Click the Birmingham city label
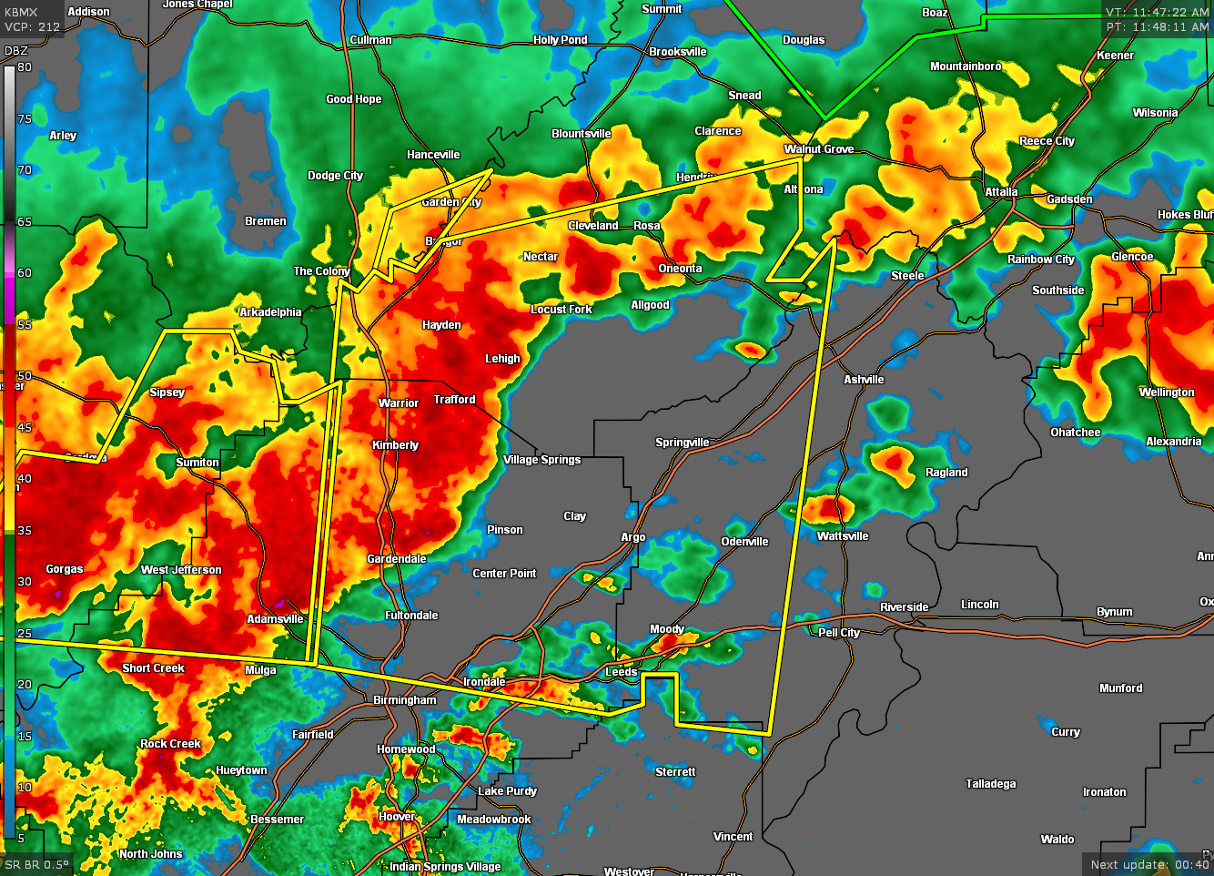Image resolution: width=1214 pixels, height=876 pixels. coord(405,700)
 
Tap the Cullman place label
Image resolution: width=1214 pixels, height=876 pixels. coord(370,40)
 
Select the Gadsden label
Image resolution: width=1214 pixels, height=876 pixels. coord(1069,199)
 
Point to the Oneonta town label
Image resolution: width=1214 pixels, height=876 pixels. coord(680,269)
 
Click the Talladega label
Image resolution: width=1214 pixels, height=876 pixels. coord(990,784)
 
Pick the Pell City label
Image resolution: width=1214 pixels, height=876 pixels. coord(838,633)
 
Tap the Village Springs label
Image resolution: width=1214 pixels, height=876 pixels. coord(541,460)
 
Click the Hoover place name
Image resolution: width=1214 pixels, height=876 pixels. coord(397,817)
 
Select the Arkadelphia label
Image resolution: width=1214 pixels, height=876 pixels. coord(270,312)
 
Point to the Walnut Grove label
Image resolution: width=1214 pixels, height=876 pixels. coord(819,149)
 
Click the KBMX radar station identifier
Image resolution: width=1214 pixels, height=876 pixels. coord(21,13)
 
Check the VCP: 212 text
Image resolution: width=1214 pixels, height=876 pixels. coord(32,27)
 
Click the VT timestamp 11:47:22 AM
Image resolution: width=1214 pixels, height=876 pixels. coord(1157,13)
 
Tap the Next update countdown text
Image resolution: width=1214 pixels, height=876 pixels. coord(1149,865)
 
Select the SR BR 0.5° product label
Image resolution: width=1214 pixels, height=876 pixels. coord(36,865)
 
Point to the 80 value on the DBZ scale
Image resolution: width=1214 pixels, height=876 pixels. coord(25,67)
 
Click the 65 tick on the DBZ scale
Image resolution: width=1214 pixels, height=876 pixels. coord(25,221)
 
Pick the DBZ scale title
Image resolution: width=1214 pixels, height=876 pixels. coord(16,51)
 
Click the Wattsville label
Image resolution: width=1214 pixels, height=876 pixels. coord(842,536)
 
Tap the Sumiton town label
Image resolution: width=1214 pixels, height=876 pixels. coord(197,463)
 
